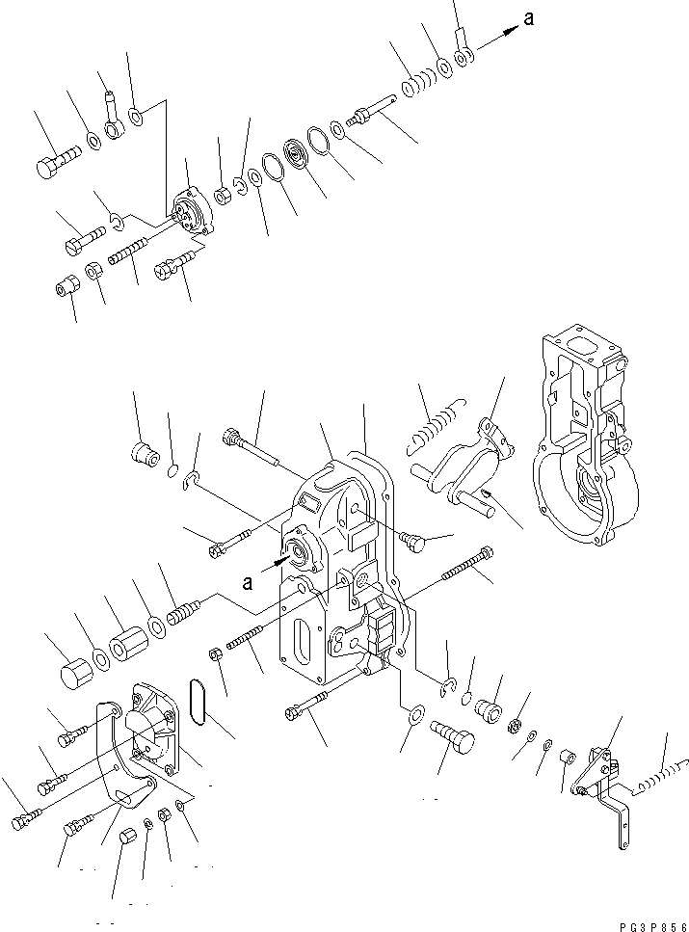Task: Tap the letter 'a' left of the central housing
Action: (x=250, y=581)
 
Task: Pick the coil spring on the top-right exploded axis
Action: (x=415, y=86)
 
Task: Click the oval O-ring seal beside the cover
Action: (x=200, y=701)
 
